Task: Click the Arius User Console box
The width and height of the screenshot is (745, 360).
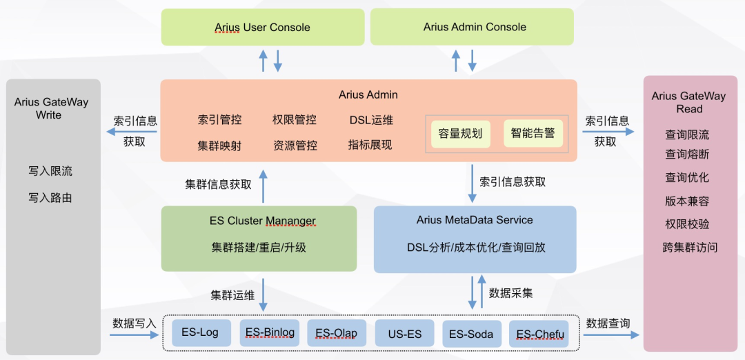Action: coord(263,28)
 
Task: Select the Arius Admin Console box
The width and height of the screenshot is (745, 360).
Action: coord(475,27)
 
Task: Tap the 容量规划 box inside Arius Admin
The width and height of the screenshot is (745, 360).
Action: coord(461,134)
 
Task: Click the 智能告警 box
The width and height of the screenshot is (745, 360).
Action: coord(533,133)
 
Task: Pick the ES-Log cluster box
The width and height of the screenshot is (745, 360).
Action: coord(200,333)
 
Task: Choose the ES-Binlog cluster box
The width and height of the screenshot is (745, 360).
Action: coord(270,333)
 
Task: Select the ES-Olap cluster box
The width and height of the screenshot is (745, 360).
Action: coord(337,333)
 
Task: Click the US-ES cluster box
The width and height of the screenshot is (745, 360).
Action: coord(405,334)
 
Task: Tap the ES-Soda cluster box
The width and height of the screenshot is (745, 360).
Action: coord(471,334)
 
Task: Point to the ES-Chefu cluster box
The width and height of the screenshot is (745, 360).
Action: coord(539,334)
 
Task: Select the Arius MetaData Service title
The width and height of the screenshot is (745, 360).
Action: coord(475,220)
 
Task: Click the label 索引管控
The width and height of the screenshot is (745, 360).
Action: coord(219,120)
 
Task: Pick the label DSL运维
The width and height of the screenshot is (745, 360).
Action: coord(371,120)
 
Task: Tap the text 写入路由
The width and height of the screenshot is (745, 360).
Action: coord(50,198)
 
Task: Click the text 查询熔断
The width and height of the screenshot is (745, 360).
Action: coord(687,154)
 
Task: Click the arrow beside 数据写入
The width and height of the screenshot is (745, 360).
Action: coord(134,336)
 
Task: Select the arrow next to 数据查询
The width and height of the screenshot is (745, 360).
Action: coord(610,336)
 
